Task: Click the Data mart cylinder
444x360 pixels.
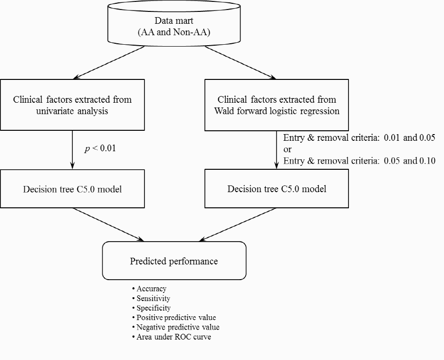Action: click(x=174, y=23)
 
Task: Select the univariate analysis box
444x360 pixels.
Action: click(x=72, y=105)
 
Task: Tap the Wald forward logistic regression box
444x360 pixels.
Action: click(x=277, y=105)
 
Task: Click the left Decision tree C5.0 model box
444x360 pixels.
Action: click(x=72, y=189)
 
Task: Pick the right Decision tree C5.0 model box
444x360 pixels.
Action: click(x=277, y=189)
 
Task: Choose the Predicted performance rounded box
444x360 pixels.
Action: click(x=174, y=261)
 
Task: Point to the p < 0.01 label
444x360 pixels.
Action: click(x=100, y=148)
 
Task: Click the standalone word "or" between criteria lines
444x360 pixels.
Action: click(x=288, y=149)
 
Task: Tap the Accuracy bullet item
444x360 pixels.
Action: click(x=149, y=289)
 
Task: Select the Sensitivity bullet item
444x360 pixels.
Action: click(x=151, y=298)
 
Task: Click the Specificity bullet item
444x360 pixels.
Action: click(x=151, y=308)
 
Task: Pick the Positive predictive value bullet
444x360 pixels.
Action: click(x=174, y=318)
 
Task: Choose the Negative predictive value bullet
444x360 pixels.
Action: click(x=175, y=327)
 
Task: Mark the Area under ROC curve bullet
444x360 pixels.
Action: click(x=171, y=337)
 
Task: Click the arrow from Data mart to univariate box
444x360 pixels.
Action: click(x=109, y=63)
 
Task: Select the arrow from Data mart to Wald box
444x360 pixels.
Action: click(x=241, y=63)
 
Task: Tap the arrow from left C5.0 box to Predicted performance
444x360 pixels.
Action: click(x=108, y=224)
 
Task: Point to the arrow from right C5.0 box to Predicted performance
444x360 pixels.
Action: click(x=237, y=224)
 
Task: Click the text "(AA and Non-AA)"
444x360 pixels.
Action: click(x=174, y=32)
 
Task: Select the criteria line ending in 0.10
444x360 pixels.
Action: click(x=359, y=161)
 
